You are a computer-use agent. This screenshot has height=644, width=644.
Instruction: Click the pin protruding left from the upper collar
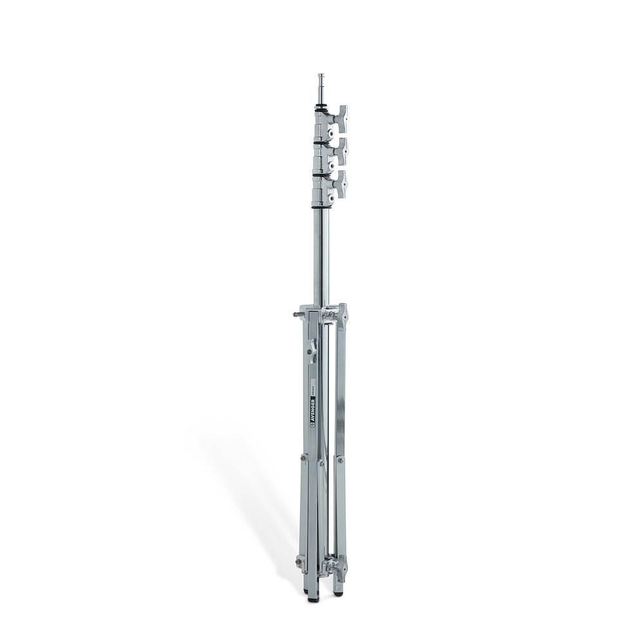298,315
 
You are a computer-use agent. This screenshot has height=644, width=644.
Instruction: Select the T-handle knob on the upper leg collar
342,316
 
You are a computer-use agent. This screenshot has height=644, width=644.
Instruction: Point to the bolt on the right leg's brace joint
340,460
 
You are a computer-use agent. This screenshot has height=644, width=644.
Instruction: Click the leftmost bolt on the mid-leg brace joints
303,458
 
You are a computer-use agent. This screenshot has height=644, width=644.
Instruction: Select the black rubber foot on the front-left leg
307,591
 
